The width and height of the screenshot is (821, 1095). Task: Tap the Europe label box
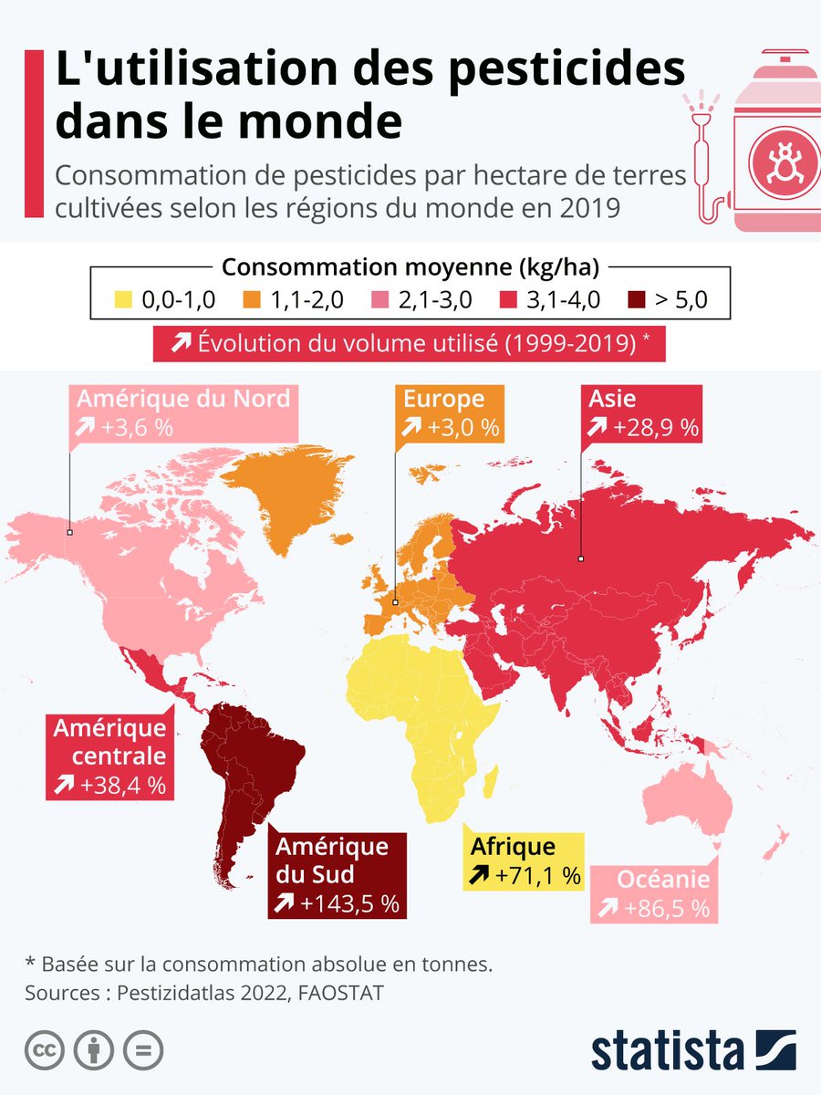point(447,412)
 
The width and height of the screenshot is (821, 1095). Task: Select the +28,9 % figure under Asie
point(654,426)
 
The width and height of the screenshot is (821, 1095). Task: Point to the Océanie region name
point(662,880)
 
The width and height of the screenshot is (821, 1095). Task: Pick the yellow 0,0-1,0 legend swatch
point(124,299)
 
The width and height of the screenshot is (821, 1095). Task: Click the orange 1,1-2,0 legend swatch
point(254,299)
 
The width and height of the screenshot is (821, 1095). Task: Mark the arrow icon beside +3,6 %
point(88,427)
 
